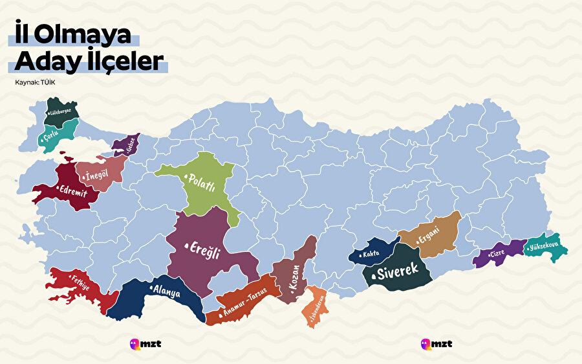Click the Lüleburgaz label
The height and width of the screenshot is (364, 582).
coord(60,111)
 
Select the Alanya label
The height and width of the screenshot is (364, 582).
coord(165,291)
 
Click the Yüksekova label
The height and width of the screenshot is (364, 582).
coord(544,247)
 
